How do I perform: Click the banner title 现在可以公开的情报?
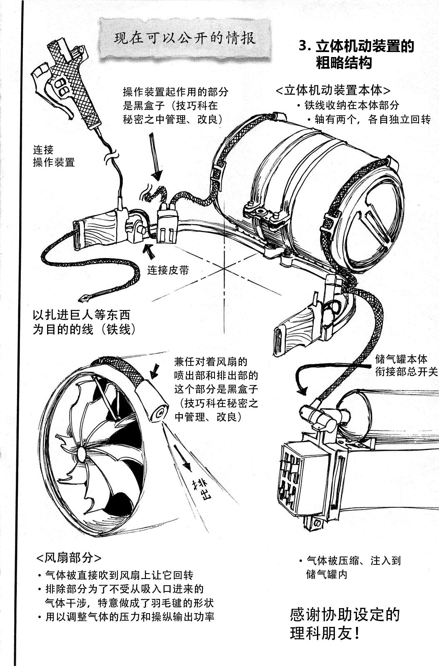185,38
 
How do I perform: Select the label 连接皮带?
168,270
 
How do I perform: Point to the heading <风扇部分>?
69,557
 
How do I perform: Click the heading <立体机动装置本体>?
333,90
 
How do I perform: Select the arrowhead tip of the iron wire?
83,299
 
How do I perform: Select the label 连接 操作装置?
54,156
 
